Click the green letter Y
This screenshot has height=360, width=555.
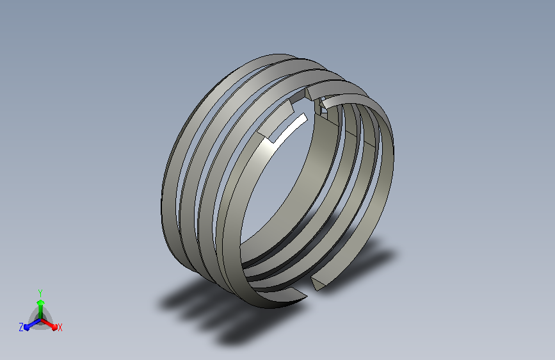tap(40, 293)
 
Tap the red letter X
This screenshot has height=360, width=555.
tap(60, 328)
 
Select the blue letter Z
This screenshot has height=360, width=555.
tap(21, 327)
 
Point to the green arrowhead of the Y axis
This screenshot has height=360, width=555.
tap(40, 302)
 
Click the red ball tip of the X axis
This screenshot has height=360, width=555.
tap(54, 327)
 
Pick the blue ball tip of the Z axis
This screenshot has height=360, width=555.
tap(27, 327)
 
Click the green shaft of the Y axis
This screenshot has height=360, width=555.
tap(40, 312)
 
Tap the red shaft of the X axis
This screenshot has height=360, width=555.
tap(47, 323)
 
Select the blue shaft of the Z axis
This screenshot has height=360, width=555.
tap(34, 323)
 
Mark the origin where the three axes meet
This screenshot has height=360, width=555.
tap(41, 320)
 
